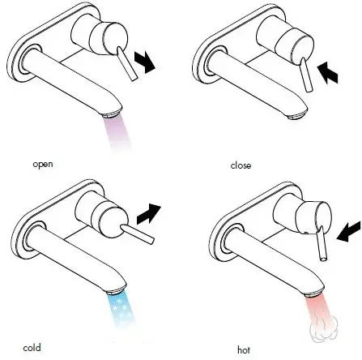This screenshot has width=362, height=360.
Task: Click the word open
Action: pyautogui.click(x=42, y=164)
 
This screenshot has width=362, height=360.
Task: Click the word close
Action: pyautogui.click(x=241, y=165)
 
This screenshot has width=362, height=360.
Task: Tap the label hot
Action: pyautogui.click(x=243, y=349)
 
